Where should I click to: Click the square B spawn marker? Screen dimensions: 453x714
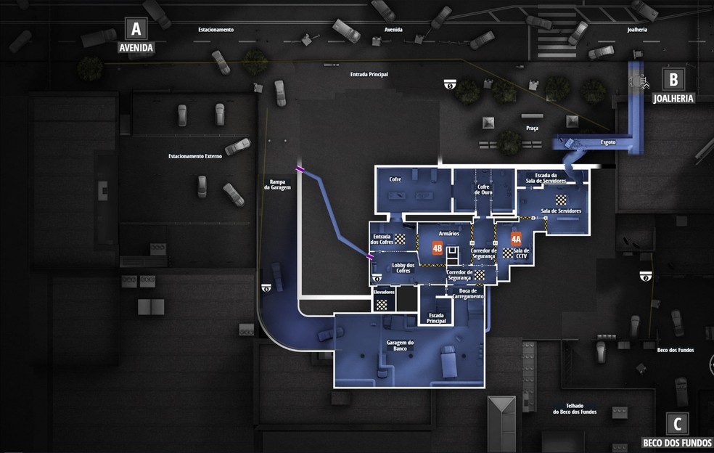click(x=673, y=79)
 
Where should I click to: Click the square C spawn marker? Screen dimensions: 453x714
click(x=677, y=423)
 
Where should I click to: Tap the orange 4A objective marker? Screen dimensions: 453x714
click(x=516, y=239)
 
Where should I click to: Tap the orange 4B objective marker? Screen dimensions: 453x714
click(x=437, y=248)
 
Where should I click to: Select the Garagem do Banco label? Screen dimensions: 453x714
click(x=400, y=346)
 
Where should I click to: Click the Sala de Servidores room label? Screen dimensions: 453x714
click(x=561, y=211)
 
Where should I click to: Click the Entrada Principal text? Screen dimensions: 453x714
click(x=369, y=74)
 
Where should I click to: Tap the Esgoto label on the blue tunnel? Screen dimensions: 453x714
click(x=608, y=142)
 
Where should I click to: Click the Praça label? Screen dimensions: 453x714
click(x=532, y=128)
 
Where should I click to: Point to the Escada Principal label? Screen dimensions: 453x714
click(x=437, y=318)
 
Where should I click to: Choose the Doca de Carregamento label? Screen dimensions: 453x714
click(x=467, y=293)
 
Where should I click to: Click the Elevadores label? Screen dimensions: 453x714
click(x=384, y=292)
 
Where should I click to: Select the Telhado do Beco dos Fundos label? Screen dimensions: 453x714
click(x=574, y=409)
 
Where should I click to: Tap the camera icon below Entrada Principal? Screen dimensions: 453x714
click(x=450, y=86)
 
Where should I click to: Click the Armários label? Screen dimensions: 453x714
click(x=448, y=233)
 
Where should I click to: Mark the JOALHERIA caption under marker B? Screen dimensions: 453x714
click(x=673, y=98)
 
